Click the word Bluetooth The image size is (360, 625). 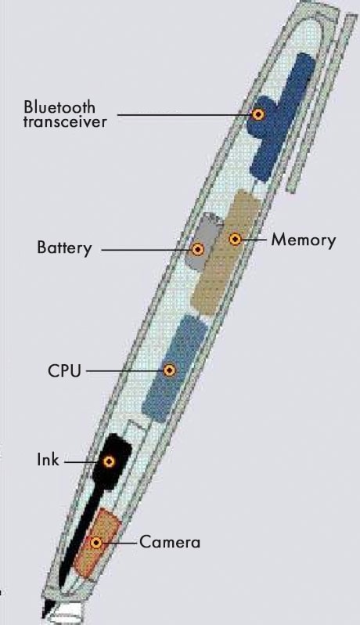pos(59,107)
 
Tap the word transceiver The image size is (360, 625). pos(65,121)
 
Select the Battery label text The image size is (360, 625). pos(64,247)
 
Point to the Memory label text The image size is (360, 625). pos(304,240)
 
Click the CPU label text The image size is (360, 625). pos(64,370)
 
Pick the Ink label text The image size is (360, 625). pos(48,460)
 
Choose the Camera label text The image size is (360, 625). pos(170,543)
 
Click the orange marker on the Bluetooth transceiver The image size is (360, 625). pos(258,114)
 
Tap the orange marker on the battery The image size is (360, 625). pos(198,250)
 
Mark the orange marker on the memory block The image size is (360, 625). pos(236,239)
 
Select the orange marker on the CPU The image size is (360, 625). pos(170,370)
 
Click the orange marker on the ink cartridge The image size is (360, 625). pos(109,461)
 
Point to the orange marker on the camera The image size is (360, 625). pos(95,543)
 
